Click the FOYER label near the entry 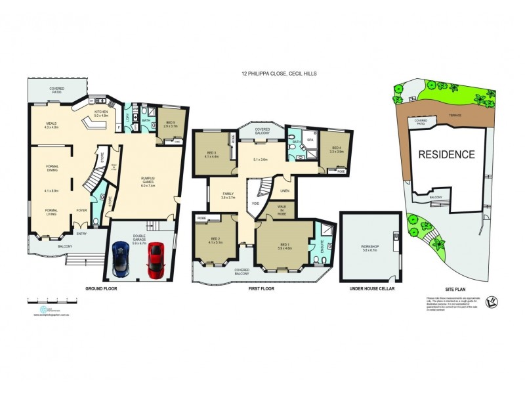coord(81,211)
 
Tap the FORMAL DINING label coord(52,169)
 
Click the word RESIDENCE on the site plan coord(446,155)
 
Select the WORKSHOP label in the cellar coord(371,247)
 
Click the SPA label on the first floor coord(310,140)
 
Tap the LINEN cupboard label coord(283,190)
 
